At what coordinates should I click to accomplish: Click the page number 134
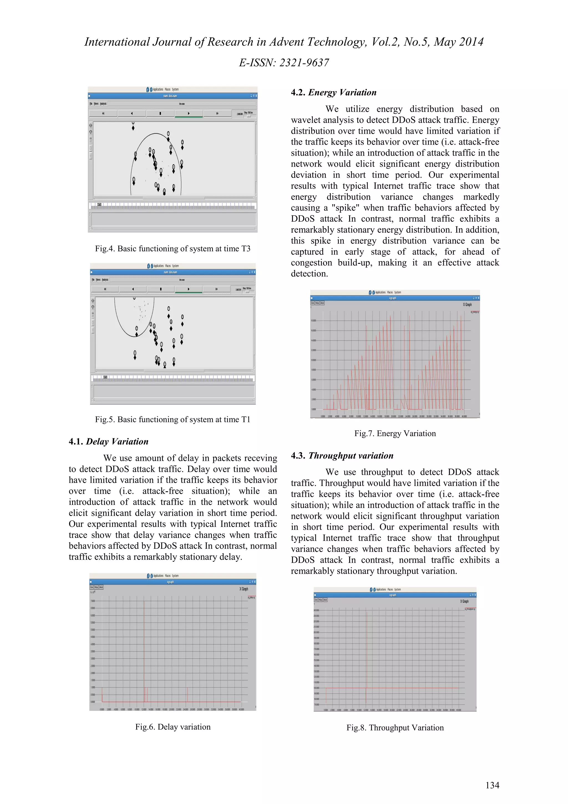(x=492, y=785)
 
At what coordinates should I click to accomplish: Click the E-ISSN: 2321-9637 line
(x=284, y=63)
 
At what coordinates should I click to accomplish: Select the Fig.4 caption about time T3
(x=173, y=249)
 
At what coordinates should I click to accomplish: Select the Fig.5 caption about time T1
(x=173, y=419)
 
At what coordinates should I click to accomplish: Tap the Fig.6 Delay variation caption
(x=173, y=727)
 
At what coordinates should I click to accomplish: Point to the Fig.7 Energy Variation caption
(x=395, y=434)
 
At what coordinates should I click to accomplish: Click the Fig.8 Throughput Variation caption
(x=395, y=728)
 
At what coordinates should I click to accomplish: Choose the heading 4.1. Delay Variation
(x=108, y=442)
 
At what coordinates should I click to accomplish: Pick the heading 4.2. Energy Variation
(x=334, y=92)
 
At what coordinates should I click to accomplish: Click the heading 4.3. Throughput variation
(x=342, y=456)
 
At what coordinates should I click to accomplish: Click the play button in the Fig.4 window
(x=189, y=113)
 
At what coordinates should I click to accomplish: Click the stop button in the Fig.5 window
(x=161, y=289)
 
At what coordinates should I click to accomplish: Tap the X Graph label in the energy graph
(x=467, y=305)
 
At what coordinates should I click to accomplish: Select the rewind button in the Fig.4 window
(x=103, y=113)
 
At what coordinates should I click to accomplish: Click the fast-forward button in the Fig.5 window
(x=216, y=289)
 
